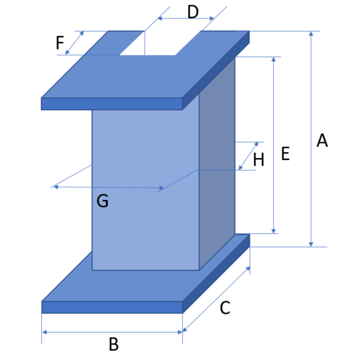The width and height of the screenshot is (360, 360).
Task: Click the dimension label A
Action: [x=322, y=140]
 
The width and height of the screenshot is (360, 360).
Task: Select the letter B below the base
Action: [x=113, y=344]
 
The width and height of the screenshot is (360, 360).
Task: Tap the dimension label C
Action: [x=225, y=307]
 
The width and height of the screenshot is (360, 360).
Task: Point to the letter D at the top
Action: [x=193, y=12]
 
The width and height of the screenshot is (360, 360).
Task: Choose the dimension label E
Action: [x=285, y=153]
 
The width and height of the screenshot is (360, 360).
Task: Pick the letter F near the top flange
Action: [x=60, y=43]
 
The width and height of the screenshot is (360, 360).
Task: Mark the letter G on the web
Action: [x=103, y=201]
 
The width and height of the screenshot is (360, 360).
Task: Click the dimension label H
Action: [x=259, y=159]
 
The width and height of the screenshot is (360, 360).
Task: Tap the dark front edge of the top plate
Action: [x=112, y=104]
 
